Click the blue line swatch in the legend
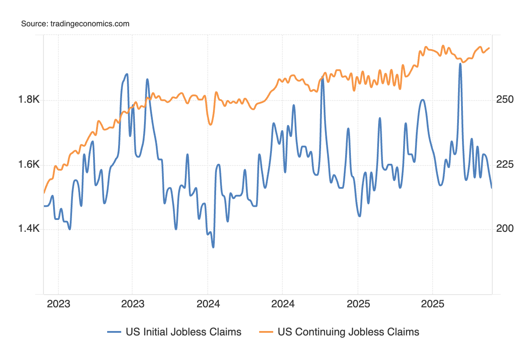tap(114, 332)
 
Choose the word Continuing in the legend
tap(317, 332)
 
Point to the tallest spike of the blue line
tap(460, 64)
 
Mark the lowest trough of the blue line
tap(213, 247)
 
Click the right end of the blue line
tap(491, 187)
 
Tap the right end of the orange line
tap(490, 48)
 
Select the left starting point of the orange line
tap(44, 192)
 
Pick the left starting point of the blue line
tap(44, 206)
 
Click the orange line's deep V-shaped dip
tap(210, 125)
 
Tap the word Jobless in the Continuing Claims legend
tap(367, 332)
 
